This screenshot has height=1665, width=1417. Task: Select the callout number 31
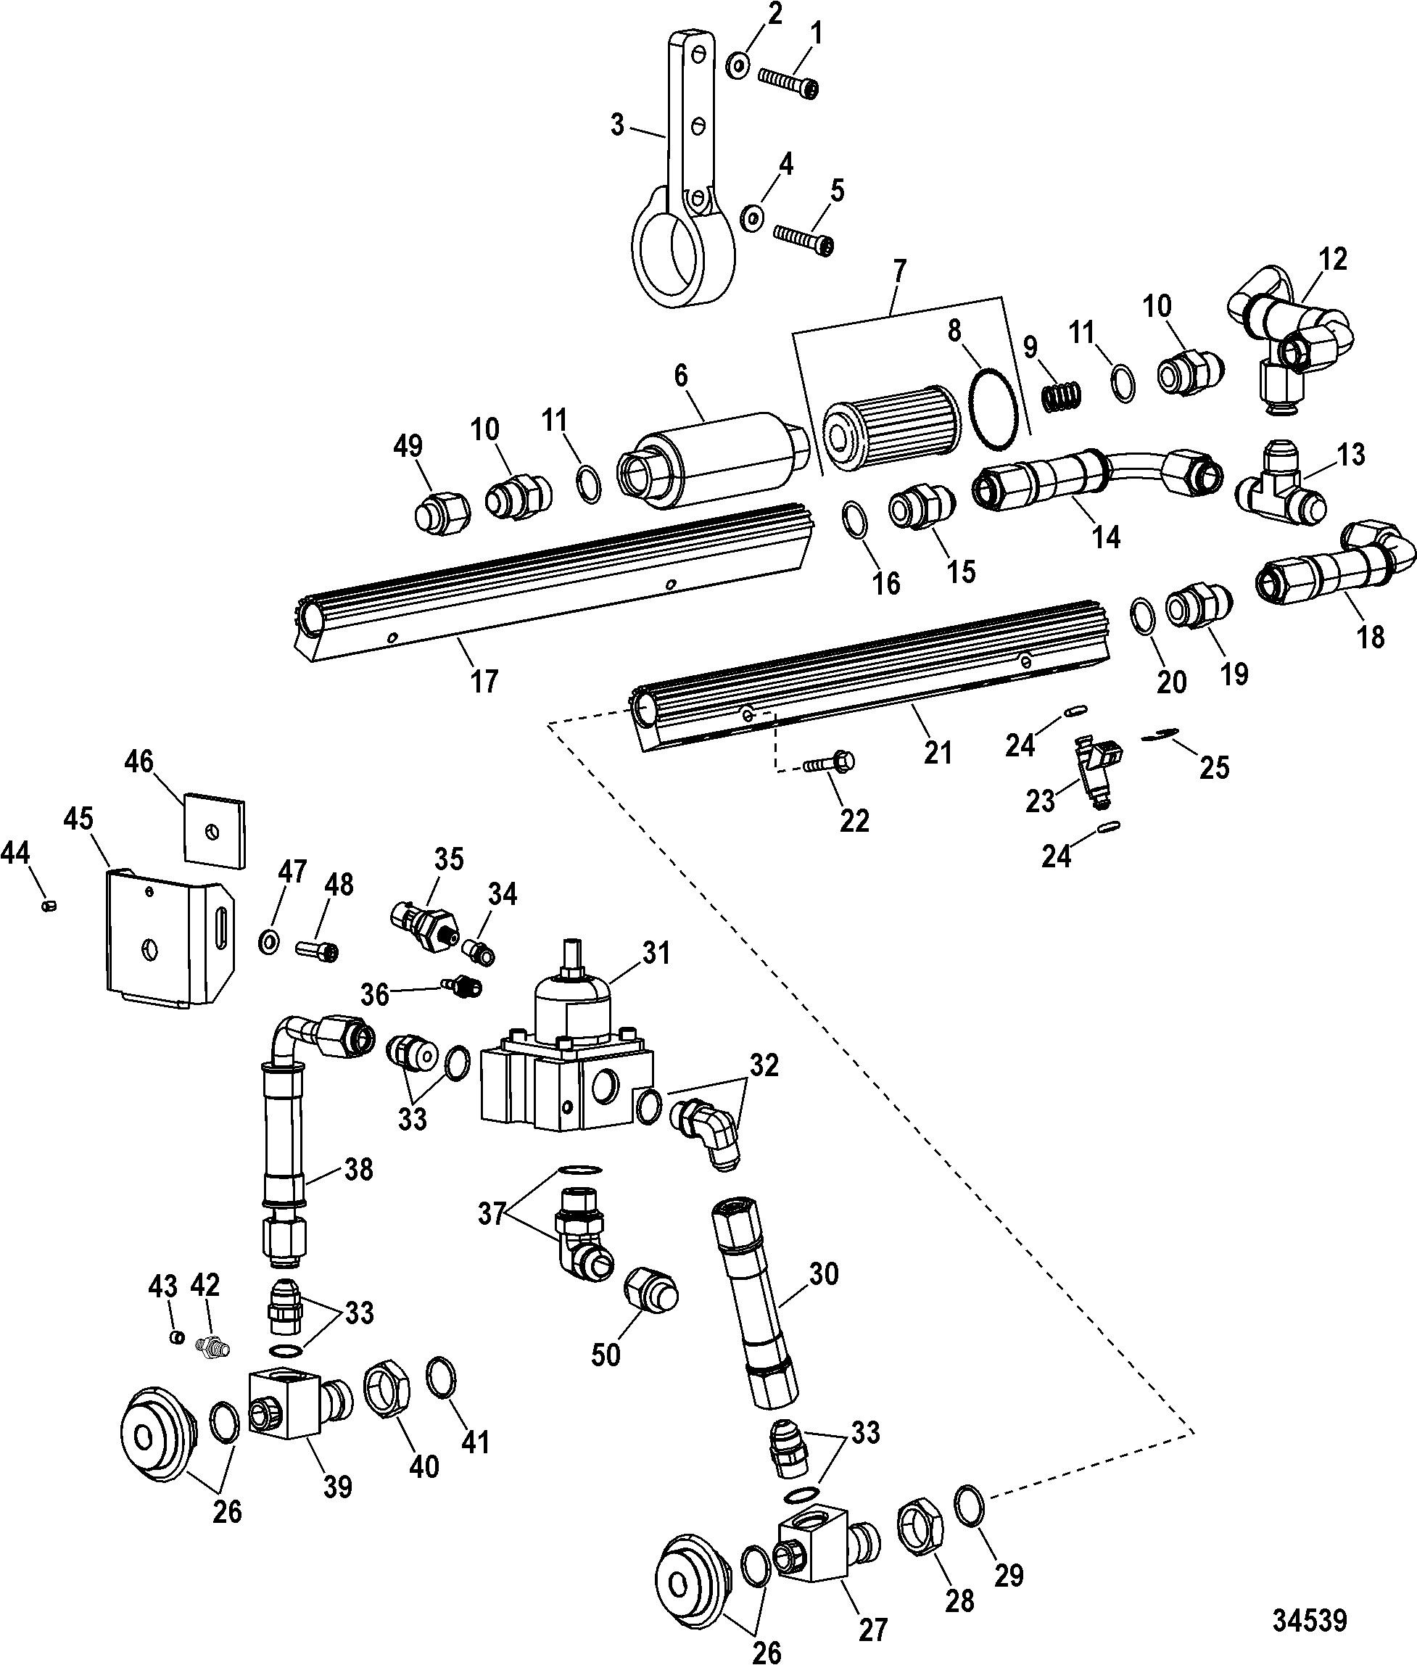pyautogui.click(x=657, y=953)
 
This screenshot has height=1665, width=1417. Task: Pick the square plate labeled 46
pyautogui.click(x=213, y=831)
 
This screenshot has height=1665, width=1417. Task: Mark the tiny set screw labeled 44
pyautogui.click(x=48, y=905)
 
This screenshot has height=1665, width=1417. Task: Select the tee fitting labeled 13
pyautogui.click(x=1282, y=493)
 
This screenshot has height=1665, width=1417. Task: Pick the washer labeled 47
pyautogui.click(x=270, y=940)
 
